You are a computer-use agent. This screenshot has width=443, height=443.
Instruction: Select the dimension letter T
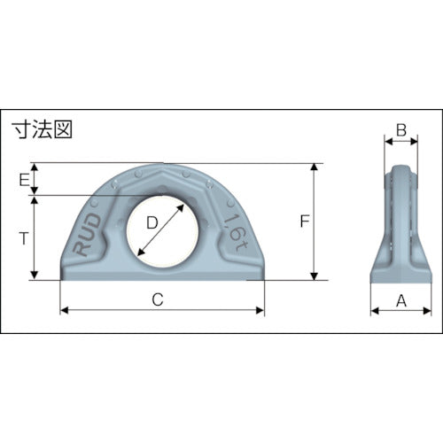coord(23,237)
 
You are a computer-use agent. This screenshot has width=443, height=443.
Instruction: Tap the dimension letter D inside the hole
coord(152,225)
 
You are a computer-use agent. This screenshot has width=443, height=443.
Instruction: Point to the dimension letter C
coord(158,299)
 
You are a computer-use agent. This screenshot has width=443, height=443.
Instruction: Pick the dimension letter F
coord(303,221)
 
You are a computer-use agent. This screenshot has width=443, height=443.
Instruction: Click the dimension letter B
coord(400,130)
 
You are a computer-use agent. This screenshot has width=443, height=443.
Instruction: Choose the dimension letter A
coord(400,300)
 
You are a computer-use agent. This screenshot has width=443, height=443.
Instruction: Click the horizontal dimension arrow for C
coord(106,311)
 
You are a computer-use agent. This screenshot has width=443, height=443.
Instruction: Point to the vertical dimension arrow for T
coord(35,257)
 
